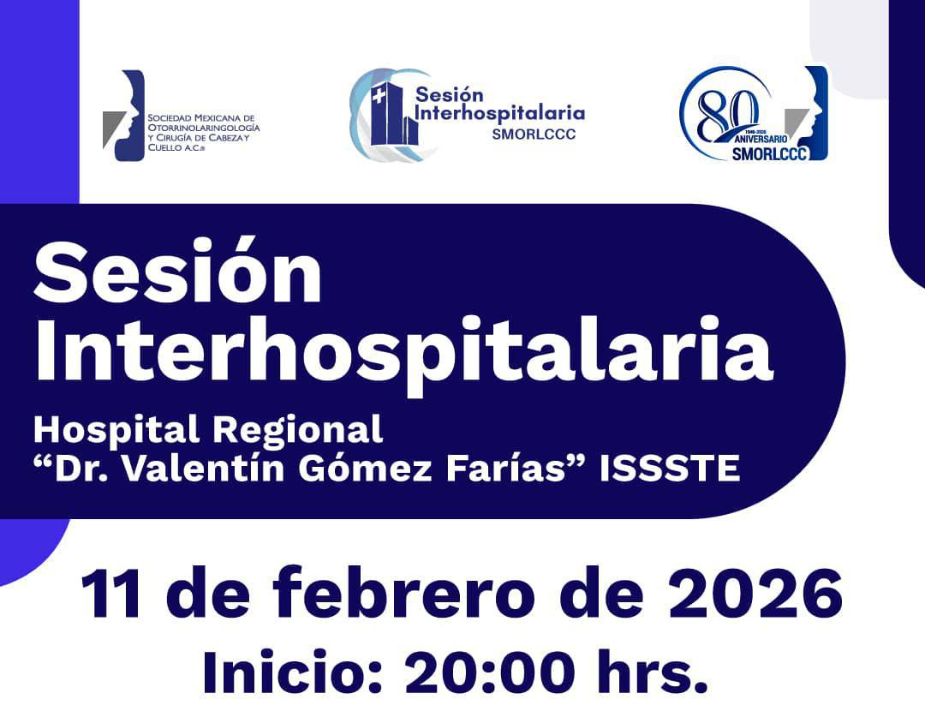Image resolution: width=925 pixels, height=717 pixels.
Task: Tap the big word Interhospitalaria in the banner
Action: [403, 351]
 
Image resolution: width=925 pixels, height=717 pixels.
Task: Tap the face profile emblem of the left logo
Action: [125, 116]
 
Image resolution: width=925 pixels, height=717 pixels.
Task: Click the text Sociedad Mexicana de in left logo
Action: [202, 117]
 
